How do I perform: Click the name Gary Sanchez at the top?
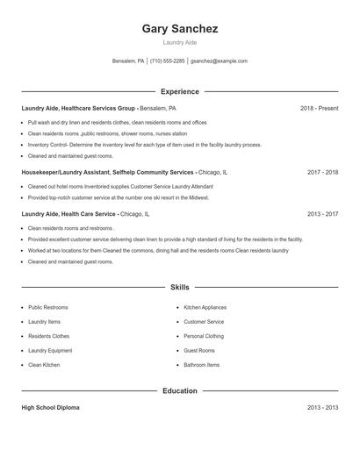click(179, 29)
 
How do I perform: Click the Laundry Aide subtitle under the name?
click(179, 42)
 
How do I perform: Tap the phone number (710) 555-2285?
click(167, 61)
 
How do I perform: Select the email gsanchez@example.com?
click(219, 61)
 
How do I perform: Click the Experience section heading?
click(179, 91)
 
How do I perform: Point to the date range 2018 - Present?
click(319, 108)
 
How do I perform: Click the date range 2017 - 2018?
click(322, 173)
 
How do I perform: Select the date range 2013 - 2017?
click(322, 213)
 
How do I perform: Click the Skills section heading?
click(179, 287)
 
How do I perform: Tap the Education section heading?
click(179, 390)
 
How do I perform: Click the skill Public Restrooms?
click(47, 308)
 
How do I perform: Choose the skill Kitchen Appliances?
click(205, 308)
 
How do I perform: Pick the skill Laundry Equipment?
click(49, 351)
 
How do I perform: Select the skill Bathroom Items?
click(201, 365)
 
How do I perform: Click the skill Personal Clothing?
click(204, 336)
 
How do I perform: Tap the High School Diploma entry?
click(51, 408)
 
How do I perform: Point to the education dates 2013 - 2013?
click(322, 408)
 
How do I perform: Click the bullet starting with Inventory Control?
click(144, 145)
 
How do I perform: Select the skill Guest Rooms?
click(198, 351)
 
